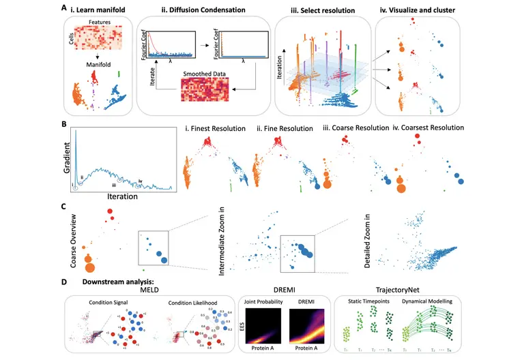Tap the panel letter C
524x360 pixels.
[63, 205]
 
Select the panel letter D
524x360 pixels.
[63, 281]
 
